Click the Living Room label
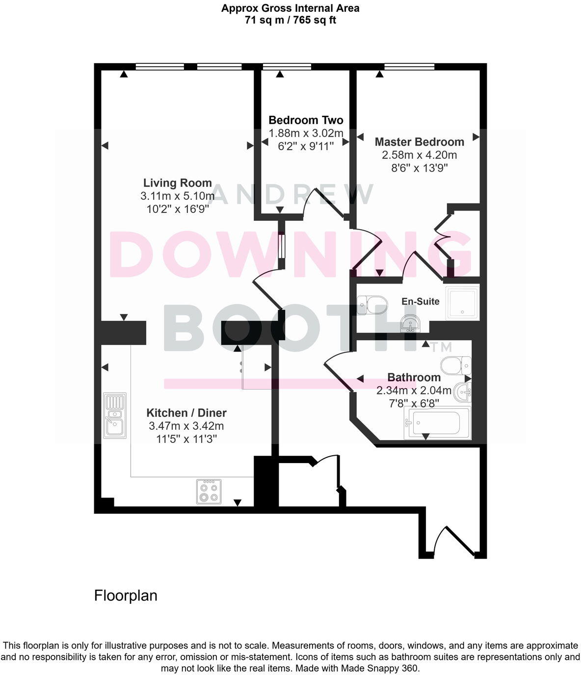click(177, 183)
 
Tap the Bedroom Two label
click(306, 120)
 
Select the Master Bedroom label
click(419, 142)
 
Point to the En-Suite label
click(421, 301)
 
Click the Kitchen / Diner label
click(186, 413)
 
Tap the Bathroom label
click(414, 377)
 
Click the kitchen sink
click(115, 415)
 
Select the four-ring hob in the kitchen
click(209, 491)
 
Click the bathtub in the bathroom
click(437, 422)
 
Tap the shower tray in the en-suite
click(462, 303)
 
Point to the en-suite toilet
click(371, 305)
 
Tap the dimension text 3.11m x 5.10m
click(177, 196)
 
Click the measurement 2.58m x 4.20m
click(419, 155)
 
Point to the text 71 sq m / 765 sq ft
click(290, 20)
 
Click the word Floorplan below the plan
click(126, 596)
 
